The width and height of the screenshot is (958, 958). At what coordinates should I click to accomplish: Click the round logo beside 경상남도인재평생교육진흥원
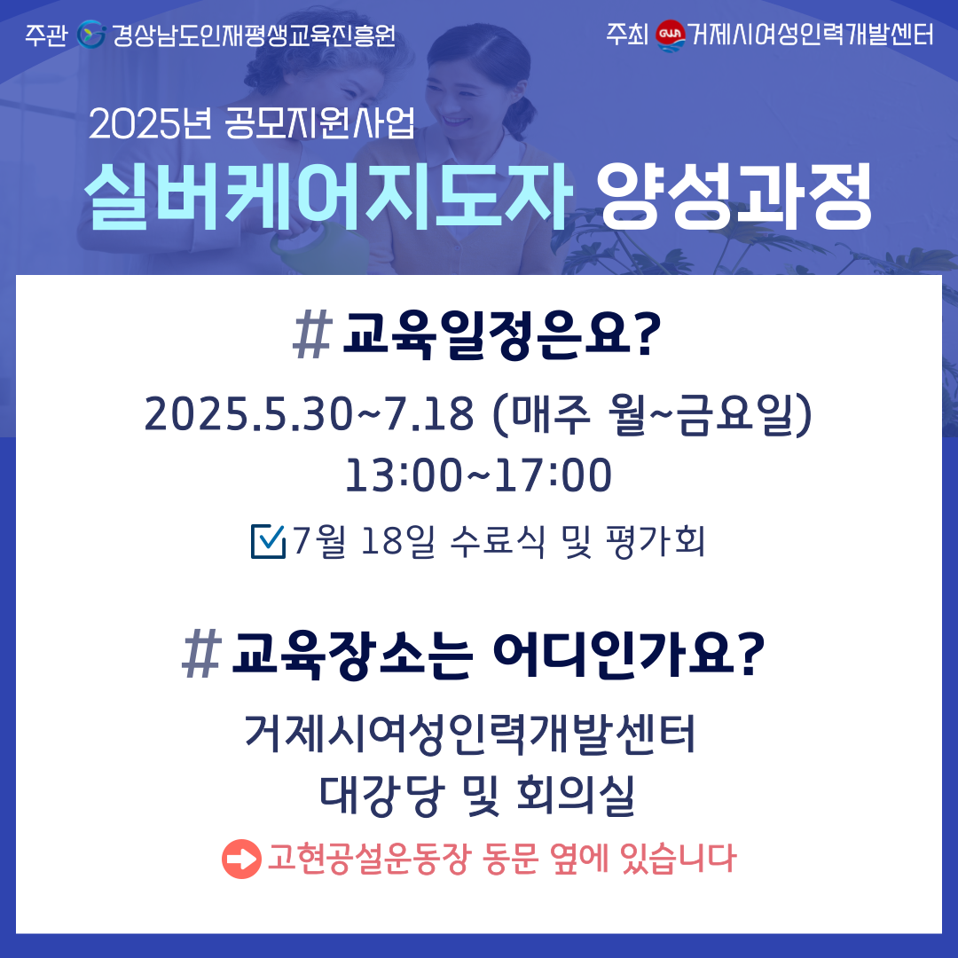(x=91, y=35)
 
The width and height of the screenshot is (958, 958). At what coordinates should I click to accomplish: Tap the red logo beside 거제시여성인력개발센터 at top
(x=671, y=35)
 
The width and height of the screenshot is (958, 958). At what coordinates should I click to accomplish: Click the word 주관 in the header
(x=46, y=35)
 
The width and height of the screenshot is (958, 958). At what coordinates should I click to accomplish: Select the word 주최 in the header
(x=627, y=35)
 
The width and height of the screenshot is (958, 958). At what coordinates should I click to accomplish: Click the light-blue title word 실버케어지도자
(x=328, y=196)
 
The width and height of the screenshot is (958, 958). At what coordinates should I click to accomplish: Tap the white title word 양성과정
(x=734, y=196)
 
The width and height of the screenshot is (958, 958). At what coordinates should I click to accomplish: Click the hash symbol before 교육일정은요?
(x=313, y=334)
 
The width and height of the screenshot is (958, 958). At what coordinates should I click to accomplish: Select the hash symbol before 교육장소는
(x=201, y=655)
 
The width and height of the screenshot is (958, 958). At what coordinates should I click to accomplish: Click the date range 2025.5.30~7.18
(x=309, y=414)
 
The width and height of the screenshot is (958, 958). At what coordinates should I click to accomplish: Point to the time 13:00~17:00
(x=478, y=475)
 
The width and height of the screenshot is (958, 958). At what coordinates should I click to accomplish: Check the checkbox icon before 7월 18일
(x=268, y=541)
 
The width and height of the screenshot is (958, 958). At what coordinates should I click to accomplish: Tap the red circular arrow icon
(x=241, y=859)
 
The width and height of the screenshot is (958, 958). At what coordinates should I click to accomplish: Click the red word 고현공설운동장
(x=369, y=859)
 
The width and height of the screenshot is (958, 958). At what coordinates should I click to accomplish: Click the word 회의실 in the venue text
(x=576, y=796)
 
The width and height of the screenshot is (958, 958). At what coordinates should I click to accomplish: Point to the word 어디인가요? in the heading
(x=628, y=655)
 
